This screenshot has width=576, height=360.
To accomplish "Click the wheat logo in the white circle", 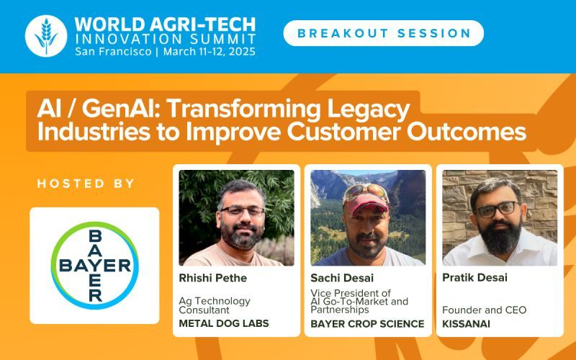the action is tap(46, 36).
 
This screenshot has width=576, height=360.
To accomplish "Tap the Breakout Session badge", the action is tap(384, 33).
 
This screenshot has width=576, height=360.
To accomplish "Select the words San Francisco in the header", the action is tap(113, 51).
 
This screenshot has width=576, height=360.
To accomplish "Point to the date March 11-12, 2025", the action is tap(210, 51).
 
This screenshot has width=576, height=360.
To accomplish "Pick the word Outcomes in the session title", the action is tap(467, 132).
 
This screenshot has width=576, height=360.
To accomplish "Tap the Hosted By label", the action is tap(86, 184).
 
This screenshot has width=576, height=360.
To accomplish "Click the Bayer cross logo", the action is tap(95, 265).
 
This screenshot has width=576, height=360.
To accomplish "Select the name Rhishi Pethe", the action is tap(212, 278).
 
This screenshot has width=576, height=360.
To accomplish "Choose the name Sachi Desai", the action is tap(342, 278).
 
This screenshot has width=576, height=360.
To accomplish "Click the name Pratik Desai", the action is tap(474, 277).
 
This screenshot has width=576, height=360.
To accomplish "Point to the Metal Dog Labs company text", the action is tap(224, 323).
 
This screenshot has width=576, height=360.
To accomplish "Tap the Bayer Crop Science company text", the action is tap(367, 323).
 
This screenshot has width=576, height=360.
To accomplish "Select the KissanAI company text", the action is tap(466, 323).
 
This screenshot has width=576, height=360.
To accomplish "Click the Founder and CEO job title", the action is tap(484, 310).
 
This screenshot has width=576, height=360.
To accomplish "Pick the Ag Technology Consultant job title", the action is tap(215, 305).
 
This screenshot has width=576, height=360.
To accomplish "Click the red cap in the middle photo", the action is tap(366, 204).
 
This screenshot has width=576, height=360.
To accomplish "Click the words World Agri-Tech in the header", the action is tap(165, 24).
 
